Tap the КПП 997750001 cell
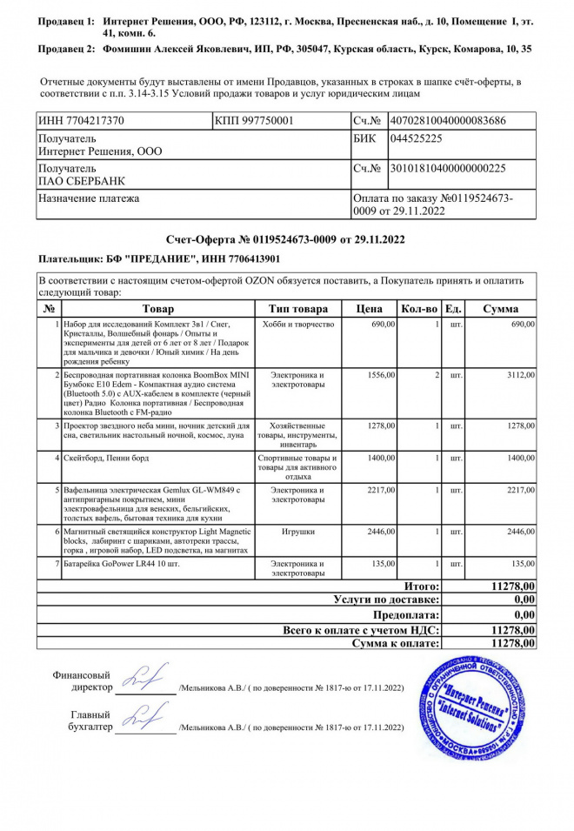pyautogui.click(x=254, y=120)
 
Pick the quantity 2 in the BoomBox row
pyautogui.click(x=436, y=374)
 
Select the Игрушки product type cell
pyautogui.click(x=298, y=530)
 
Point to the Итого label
pyautogui.click(x=422, y=587)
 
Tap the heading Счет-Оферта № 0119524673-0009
pyautogui.click(x=286, y=238)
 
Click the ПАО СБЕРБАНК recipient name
pyautogui.click(x=81, y=180)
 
